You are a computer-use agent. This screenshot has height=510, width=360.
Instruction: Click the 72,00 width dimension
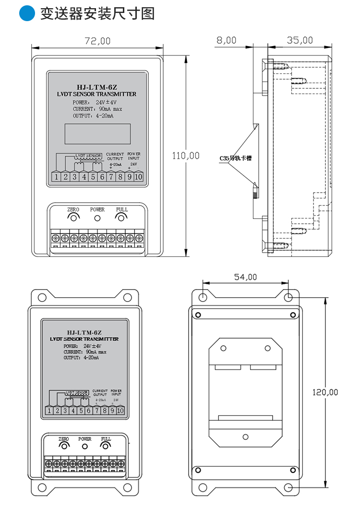point(97,41)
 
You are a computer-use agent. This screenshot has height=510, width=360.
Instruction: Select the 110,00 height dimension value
point(186,156)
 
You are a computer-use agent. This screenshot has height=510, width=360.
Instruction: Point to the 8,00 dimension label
point(226,40)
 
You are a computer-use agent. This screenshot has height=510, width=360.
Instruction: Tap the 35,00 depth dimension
point(300,40)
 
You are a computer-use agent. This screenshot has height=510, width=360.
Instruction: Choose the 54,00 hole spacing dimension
point(245,277)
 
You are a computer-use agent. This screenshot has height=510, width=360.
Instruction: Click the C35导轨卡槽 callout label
point(235,158)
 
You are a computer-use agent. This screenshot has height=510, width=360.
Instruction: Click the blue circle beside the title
point(27,13)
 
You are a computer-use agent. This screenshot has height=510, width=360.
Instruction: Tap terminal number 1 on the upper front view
point(57,177)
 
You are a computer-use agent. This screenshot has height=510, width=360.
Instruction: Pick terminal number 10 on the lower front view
point(120,411)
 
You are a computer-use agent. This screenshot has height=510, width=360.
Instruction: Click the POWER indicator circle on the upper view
point(97,219)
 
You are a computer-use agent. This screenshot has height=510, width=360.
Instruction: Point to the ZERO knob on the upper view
point(73,218)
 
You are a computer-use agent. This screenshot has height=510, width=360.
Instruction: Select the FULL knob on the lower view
point(106,447)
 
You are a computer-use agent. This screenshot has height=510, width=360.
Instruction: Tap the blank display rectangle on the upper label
point(97,134)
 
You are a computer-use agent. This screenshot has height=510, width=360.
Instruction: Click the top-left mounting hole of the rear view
point(203,297)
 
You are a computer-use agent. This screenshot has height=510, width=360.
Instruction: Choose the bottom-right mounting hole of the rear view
point(288,487)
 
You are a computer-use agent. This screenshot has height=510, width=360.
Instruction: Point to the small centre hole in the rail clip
point(245,437)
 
